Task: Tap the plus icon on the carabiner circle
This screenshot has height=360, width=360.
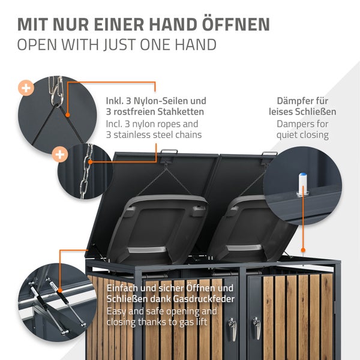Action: (26, 88)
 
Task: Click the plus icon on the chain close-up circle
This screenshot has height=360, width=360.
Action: (60, 155)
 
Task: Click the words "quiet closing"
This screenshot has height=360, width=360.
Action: (302, 135)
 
